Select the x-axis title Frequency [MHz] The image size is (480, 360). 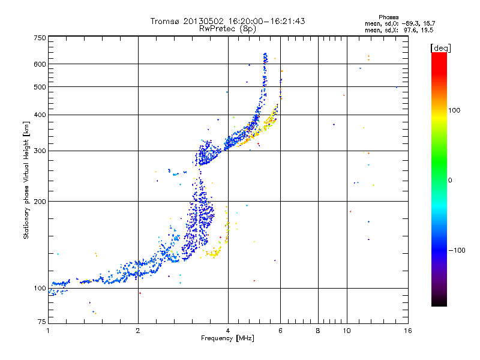tap(228, 339)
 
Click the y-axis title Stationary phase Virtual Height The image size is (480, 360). tap(26, 180)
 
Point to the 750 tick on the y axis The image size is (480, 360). tap(40, 37)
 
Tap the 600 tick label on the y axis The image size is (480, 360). tap(40, 64)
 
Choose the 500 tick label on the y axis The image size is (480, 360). tap(40, 87)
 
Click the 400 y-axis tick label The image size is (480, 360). tap(40, 115)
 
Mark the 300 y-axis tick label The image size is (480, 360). tap(40, 151)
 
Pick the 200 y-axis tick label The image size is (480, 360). tap(40, 201)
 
